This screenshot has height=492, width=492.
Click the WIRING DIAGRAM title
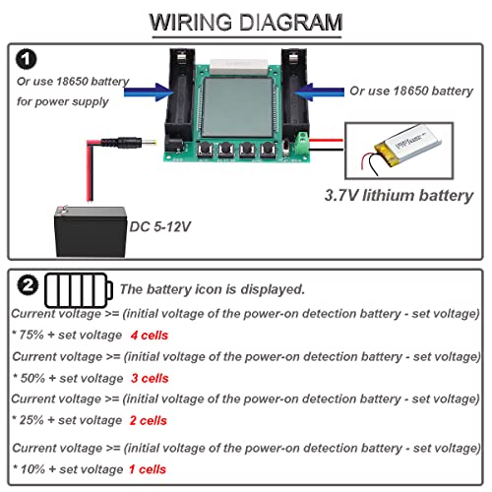[x=246, y=22]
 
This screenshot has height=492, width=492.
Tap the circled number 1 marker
[x=28, y=59]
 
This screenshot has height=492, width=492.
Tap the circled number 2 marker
[x=29, y=288]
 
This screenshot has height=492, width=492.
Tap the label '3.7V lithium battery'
[x=399, y=195]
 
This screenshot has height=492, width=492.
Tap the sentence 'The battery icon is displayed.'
[x=212, y=289]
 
